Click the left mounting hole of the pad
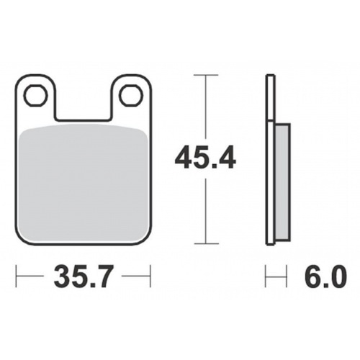coord(34,94)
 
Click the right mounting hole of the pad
coord(130,94)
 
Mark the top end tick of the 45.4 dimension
coord(207,74)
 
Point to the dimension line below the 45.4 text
coord(207,212)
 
